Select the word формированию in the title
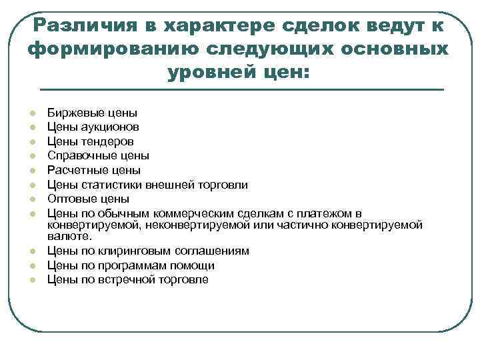click(107, 50)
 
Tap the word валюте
click(69, 236)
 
